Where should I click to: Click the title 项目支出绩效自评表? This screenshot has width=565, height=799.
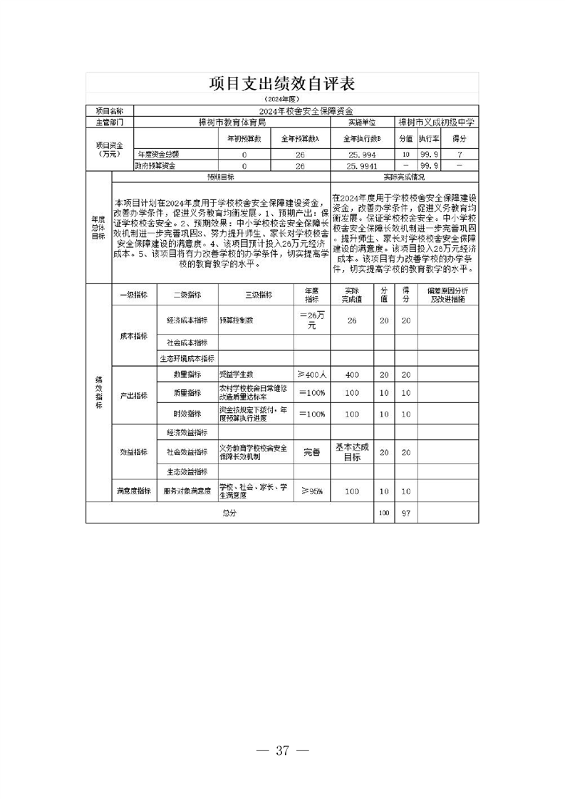[x=282, y=83]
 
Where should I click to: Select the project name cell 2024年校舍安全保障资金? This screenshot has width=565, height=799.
[x=306, y=111]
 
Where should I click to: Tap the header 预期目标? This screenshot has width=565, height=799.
[x=221, y=176]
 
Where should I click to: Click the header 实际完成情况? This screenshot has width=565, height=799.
[x=404, y=176]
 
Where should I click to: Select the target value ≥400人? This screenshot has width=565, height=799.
[x=312, y=375]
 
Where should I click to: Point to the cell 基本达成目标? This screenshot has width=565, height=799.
[x=352, y=451]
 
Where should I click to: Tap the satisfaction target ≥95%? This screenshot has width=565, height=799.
[x=312, y=491]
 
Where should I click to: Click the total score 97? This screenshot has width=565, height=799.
[x=405, y=512]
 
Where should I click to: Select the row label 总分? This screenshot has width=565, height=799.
[x=229, y=512]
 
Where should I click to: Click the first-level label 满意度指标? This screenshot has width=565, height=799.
[x=133, y=491]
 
